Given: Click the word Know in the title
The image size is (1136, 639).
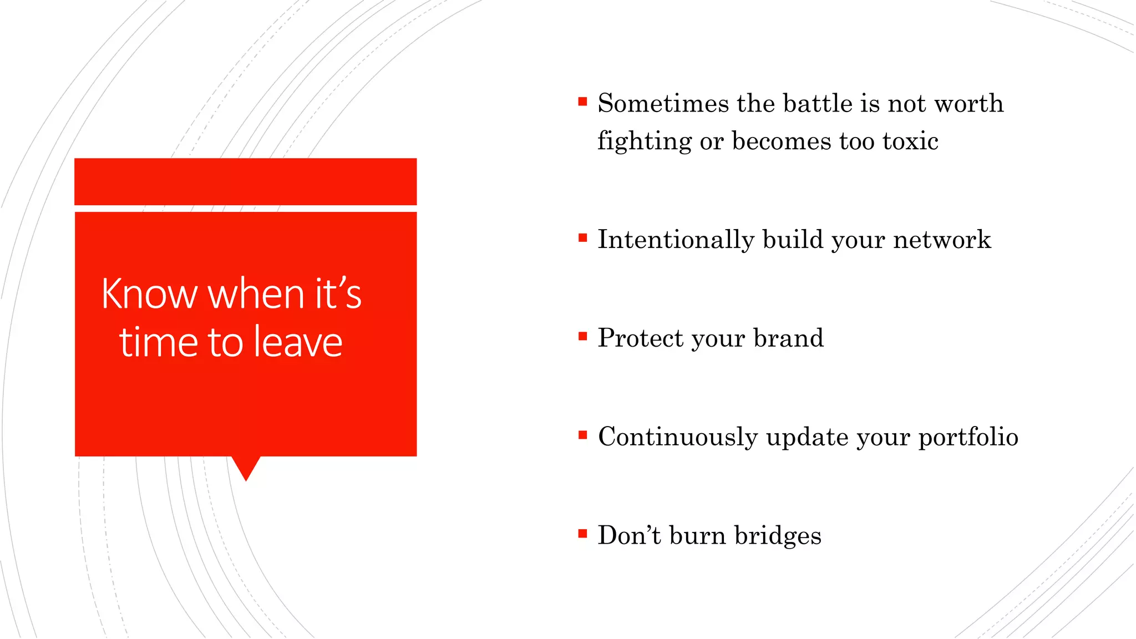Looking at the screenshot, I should click(149, 294).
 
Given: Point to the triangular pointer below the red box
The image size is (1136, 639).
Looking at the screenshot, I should click(246, 468).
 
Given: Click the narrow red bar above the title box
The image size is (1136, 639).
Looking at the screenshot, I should click(245, 181).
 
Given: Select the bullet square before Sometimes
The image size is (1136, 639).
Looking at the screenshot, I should click(582, 102).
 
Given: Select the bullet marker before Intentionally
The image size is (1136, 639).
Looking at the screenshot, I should click(582, 238).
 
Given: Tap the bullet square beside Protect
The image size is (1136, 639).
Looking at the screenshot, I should click(582, 336).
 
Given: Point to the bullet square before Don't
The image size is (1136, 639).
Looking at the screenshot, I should click(582, 534).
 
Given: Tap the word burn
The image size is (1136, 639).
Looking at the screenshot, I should click(697, 536).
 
